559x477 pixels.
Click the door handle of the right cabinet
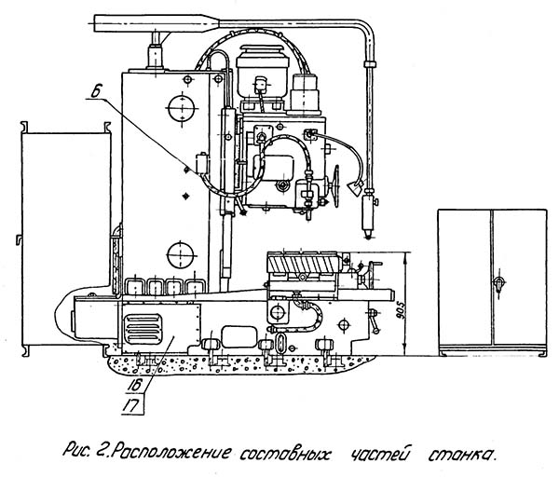click(498, 280)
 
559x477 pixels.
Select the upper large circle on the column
click(178, 110)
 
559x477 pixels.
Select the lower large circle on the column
click(178, 252)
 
